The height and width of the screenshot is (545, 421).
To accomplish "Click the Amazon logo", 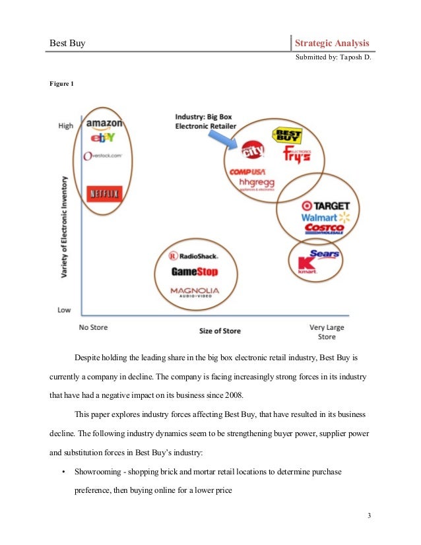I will [x=104, y=123].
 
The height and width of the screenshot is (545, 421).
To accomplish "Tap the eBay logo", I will [x=104, y=138].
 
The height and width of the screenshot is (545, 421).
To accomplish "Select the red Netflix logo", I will [x=104, y=195].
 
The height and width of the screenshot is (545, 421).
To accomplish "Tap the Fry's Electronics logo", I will [x=296, y=155].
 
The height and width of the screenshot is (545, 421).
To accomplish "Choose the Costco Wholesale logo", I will [x=325, y=229].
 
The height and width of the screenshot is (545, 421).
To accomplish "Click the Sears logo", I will [x=324, y=254].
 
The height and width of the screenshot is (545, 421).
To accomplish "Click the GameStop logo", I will [x=194, y=271].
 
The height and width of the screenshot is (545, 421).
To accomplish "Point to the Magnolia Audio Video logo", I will [x=194, y=292].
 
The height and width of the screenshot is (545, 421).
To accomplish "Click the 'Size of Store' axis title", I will [x=219, y=330].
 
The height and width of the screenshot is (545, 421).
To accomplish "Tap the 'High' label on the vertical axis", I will [x=66, y=125].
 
